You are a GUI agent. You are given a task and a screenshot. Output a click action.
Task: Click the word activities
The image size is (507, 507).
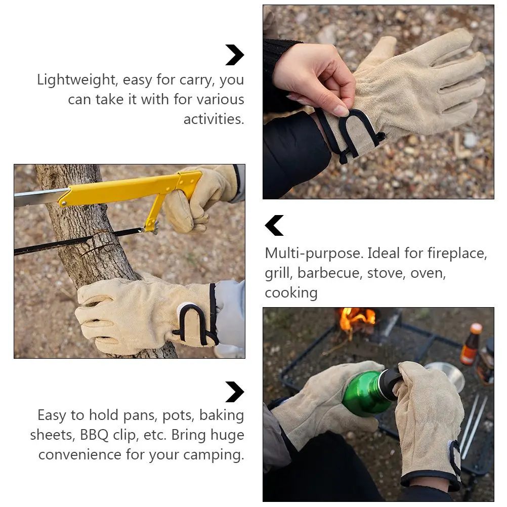click(x=214, y=119)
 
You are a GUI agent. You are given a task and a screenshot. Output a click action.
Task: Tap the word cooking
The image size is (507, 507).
click(x=291, y=293)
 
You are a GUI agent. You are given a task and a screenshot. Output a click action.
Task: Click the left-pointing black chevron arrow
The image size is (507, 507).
click(x=274, y=226)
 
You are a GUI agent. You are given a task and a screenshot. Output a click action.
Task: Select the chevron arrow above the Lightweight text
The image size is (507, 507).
click(x=235, y=55)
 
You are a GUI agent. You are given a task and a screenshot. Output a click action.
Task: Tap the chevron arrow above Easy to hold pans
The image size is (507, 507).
click(x=235, y=392)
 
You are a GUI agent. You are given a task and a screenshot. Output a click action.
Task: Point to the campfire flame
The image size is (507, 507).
click(x=357, y=319)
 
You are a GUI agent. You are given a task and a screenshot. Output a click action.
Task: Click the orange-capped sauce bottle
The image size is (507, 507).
click(x=471, y=345)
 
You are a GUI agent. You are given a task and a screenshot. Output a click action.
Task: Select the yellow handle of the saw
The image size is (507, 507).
click(x=126, y=190)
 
